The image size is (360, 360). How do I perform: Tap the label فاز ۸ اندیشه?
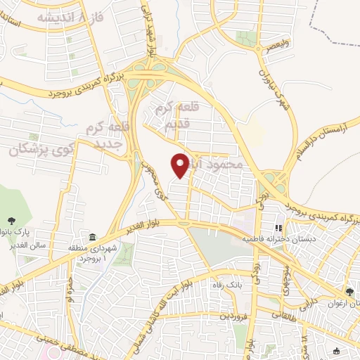[71, 18]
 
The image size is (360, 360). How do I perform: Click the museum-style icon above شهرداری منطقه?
[93, 235]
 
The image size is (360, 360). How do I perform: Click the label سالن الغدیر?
[29, 244]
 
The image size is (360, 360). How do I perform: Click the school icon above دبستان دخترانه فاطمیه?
[278, 228]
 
